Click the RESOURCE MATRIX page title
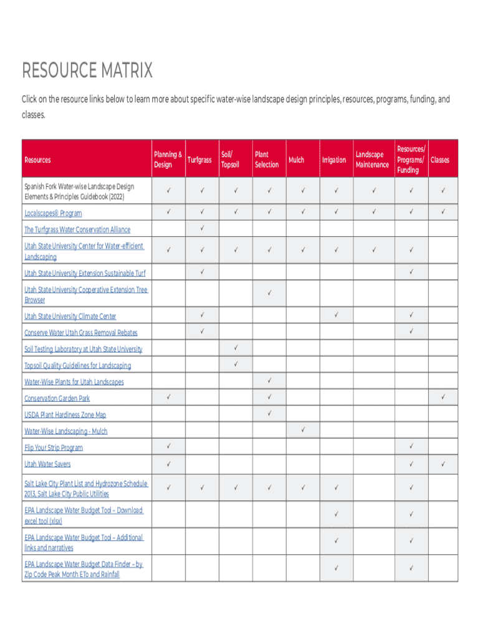[x=87, y=71]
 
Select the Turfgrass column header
[x=199, y=160]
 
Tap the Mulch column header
[x=296, y=160]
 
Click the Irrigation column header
[x=334, y=160]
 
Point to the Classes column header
[x=439, y=160]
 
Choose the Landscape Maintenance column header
[x=372, y=159]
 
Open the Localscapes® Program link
[x=53, y=213]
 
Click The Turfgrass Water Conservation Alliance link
[x=77, y=230]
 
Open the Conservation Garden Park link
[x=57, y=399]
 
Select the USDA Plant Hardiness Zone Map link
[x=65, y=415]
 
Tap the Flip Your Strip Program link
[x=54, y=448]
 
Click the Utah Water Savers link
[x=47, y=464]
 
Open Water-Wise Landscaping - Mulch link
[x=65, y=431]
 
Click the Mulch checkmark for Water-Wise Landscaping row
[x=302, y=430]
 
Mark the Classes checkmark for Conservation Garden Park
[x=443, y=396]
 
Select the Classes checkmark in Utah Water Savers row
[x=443, y=464]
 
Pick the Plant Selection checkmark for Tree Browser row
[x=269, y=293]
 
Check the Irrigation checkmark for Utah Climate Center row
[x=336, y=315]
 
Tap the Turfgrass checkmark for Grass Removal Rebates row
[x=202, y=331]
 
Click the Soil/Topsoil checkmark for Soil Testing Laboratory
[x=236, y=348]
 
